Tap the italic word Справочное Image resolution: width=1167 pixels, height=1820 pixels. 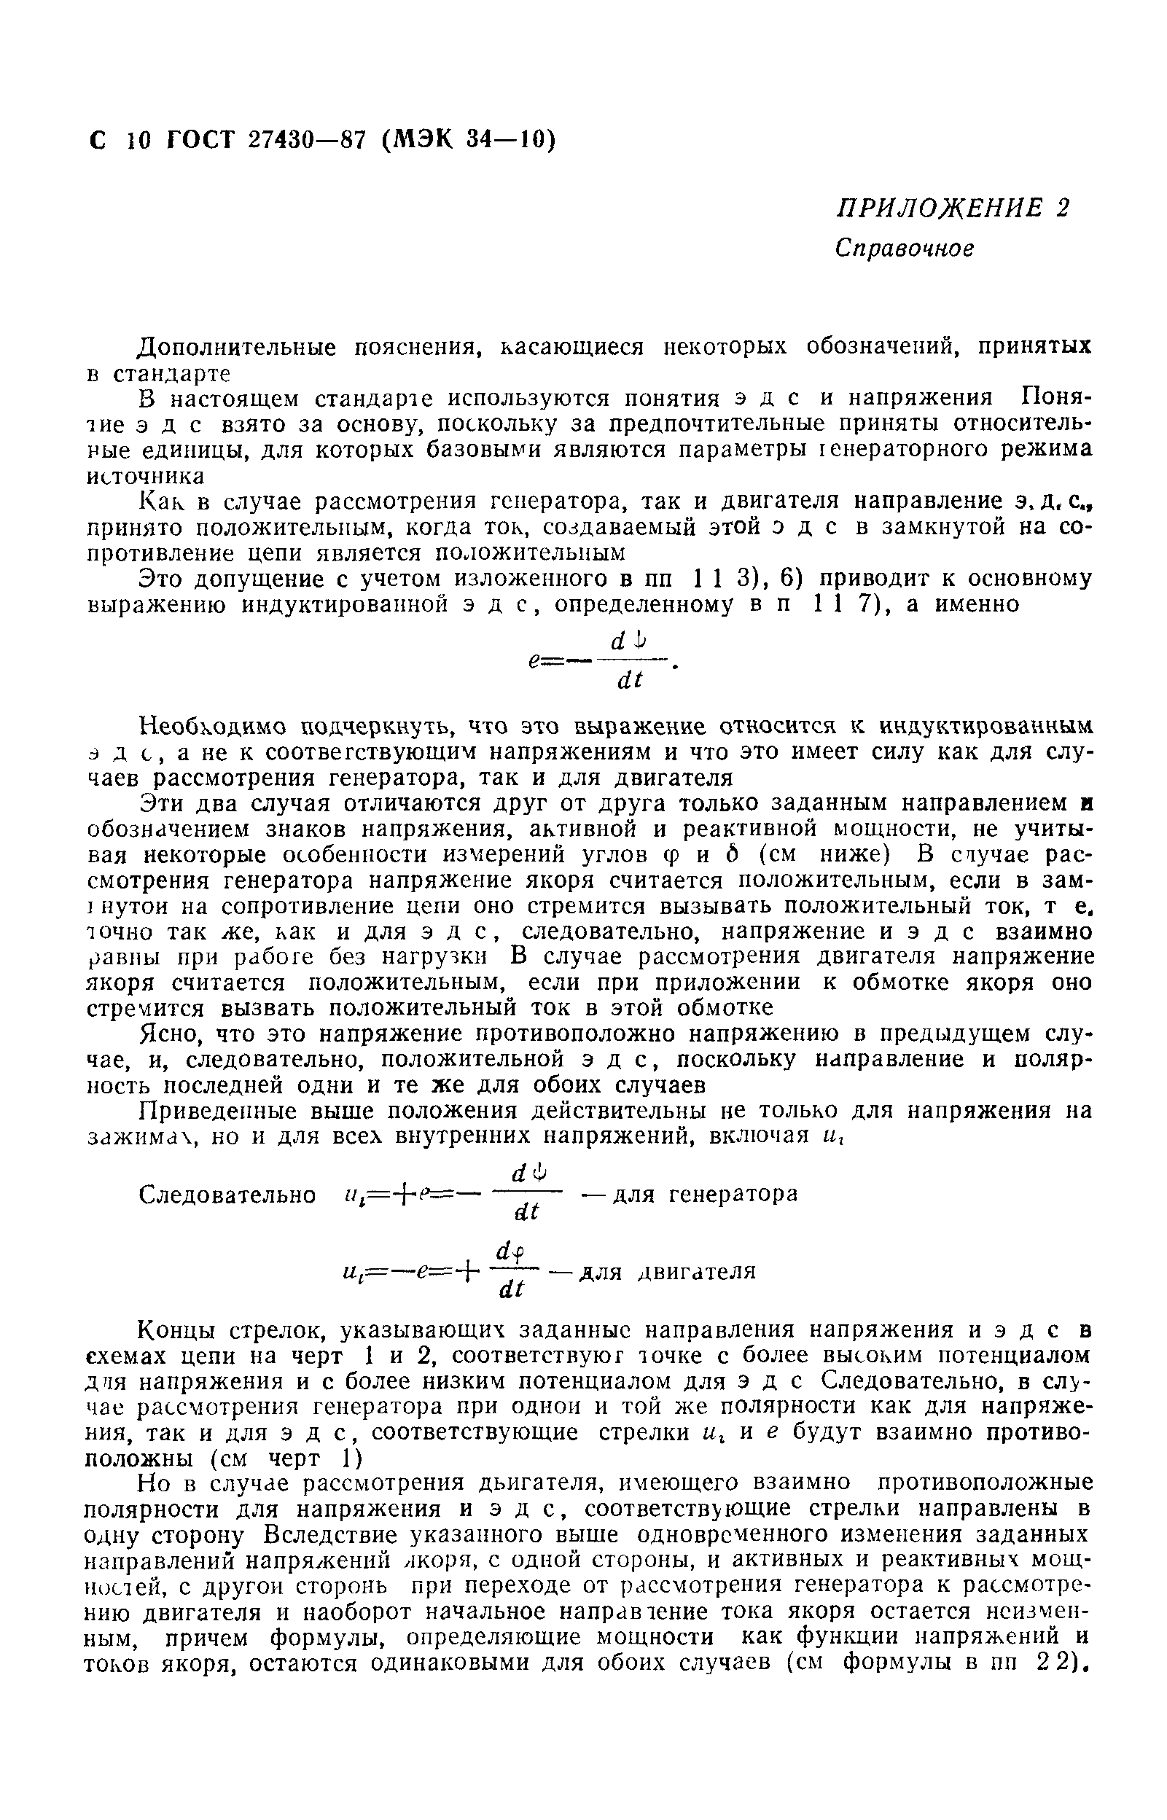coord(903,249)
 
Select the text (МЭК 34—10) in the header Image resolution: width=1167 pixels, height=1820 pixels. coord(469,140)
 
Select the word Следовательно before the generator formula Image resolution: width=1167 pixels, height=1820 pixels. coord(227,1195)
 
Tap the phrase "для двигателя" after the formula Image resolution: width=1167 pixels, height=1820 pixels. coord(667,1270)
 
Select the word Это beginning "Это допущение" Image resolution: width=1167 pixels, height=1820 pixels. coord(160,579)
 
